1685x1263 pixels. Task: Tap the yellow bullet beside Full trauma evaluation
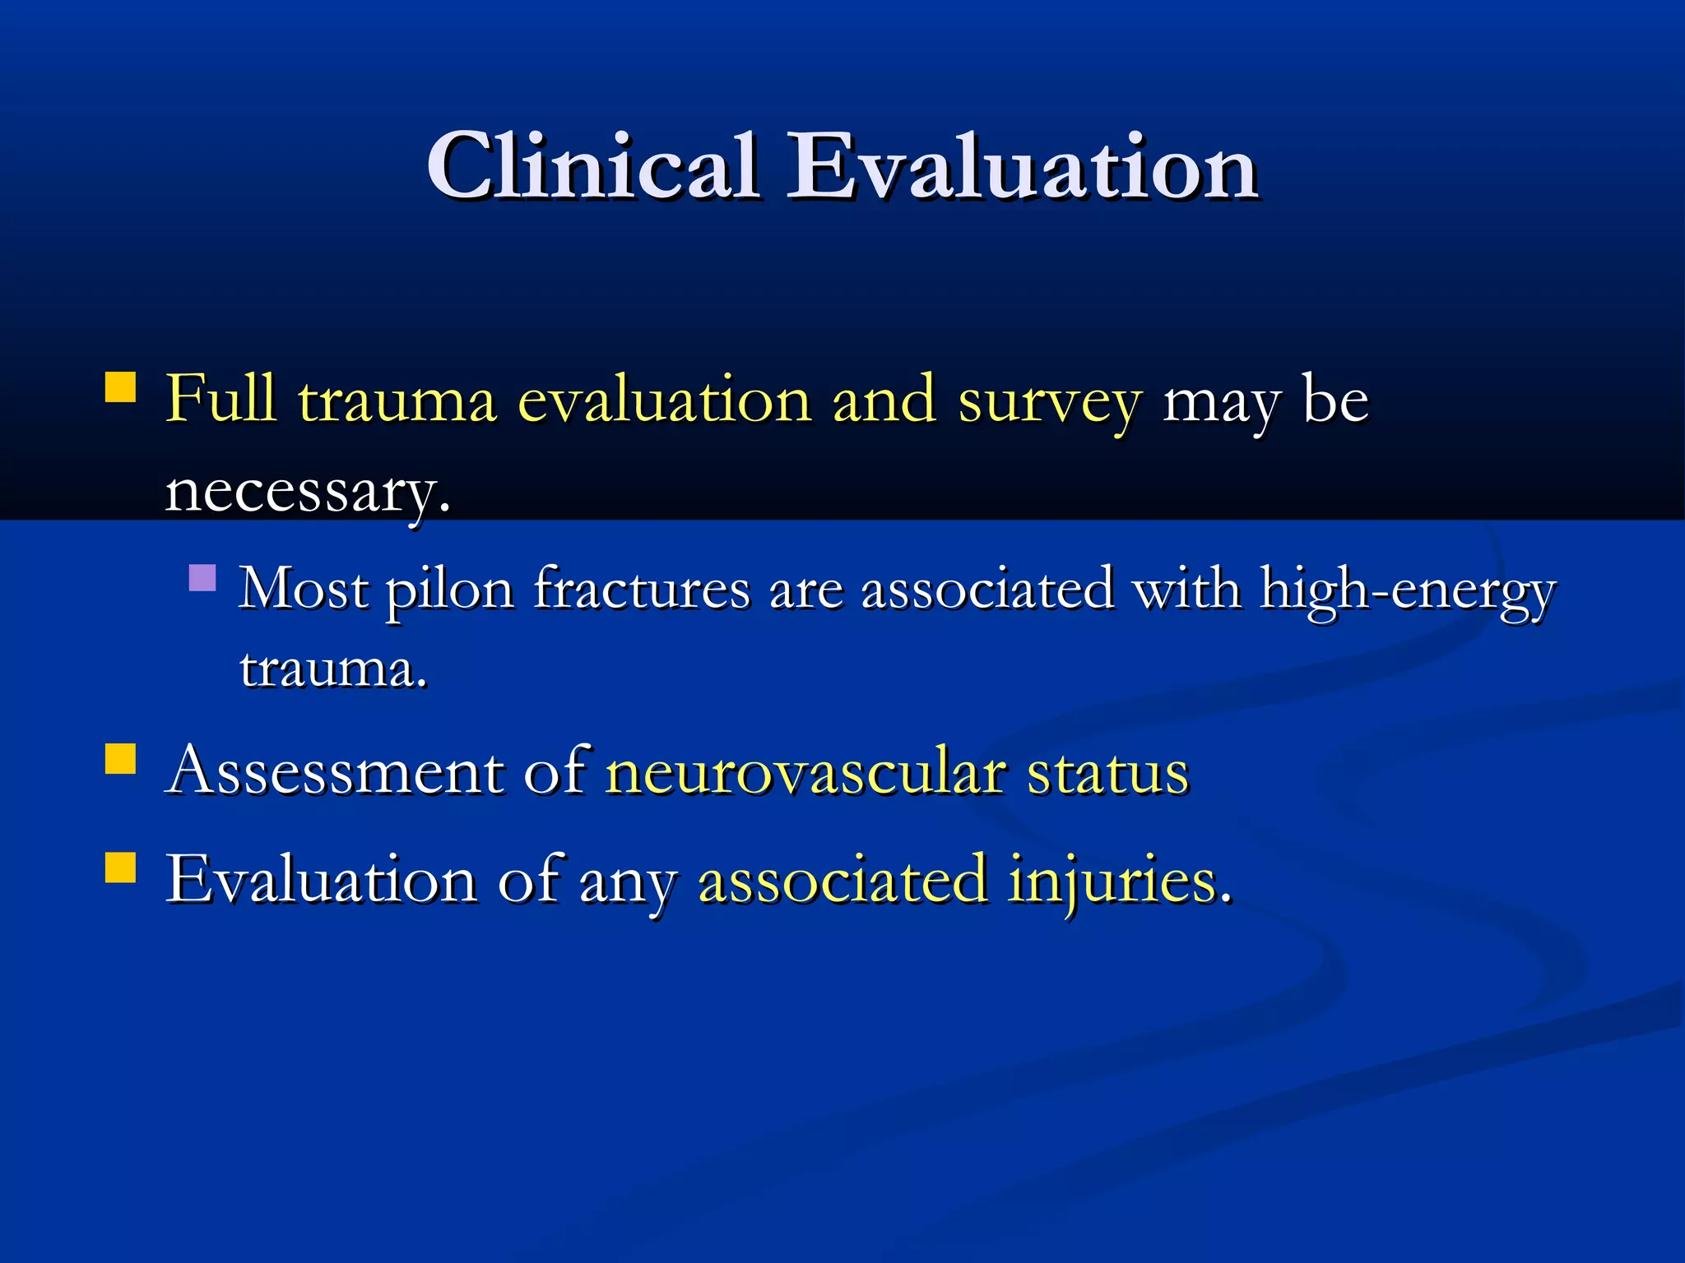(121, 386)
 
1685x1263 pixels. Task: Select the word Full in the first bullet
(220, 400)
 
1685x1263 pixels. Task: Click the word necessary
(307, 492)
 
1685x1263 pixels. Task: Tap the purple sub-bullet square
(202, 577)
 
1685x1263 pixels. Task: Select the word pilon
(450, 590)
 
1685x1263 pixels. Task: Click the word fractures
(642, 590)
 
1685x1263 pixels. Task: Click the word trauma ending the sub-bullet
(332, 669)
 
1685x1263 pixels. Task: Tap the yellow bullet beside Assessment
(121, 759)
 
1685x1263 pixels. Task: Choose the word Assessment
(334, 773)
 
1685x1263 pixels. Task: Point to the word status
(1107, 773)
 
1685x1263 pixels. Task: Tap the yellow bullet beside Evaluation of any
(121, 867)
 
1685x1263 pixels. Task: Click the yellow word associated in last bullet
(842, 880)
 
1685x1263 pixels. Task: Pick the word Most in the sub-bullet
(303, 590)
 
